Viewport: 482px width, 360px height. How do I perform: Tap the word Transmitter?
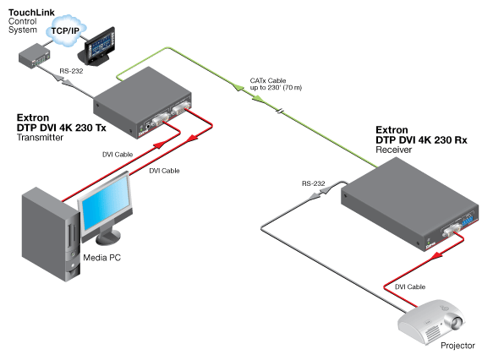(40, 137)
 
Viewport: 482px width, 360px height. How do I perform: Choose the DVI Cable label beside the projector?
(411, 288)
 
